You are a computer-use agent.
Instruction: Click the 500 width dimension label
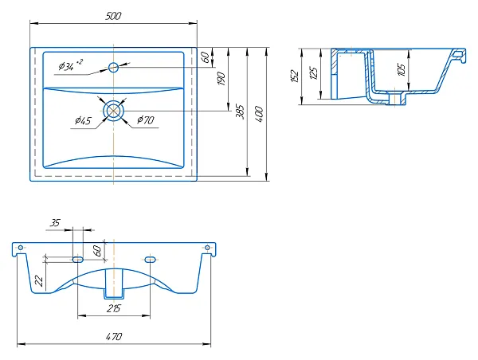(113, 16)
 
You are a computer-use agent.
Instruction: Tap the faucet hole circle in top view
(113, 67)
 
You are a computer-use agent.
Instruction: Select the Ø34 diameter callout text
(70, 65)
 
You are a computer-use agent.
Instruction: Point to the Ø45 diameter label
(83, 121)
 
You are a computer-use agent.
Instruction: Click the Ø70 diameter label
(146, 119)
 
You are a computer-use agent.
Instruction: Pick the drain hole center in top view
(114, 111)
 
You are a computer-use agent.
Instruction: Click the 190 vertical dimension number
(221, 79)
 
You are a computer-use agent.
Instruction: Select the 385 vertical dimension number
(241, 112)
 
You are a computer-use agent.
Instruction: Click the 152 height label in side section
(295, 76)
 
